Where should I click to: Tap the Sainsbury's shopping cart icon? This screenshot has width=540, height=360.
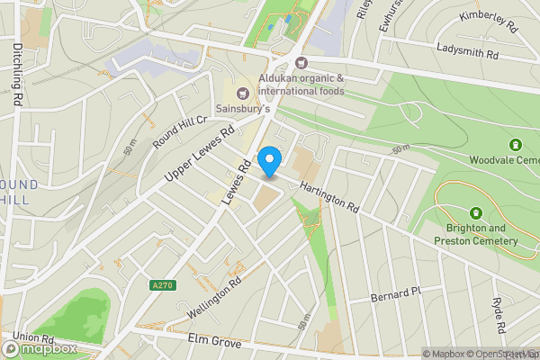(241, 93)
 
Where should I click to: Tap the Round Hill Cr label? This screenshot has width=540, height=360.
(180, 130)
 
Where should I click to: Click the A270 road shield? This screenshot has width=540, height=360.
(162, 284)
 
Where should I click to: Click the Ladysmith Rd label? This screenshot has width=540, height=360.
(467, 53)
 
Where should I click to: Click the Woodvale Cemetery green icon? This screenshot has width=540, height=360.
(516, 144)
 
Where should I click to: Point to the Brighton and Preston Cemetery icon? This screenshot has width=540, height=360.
(476, 212)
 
